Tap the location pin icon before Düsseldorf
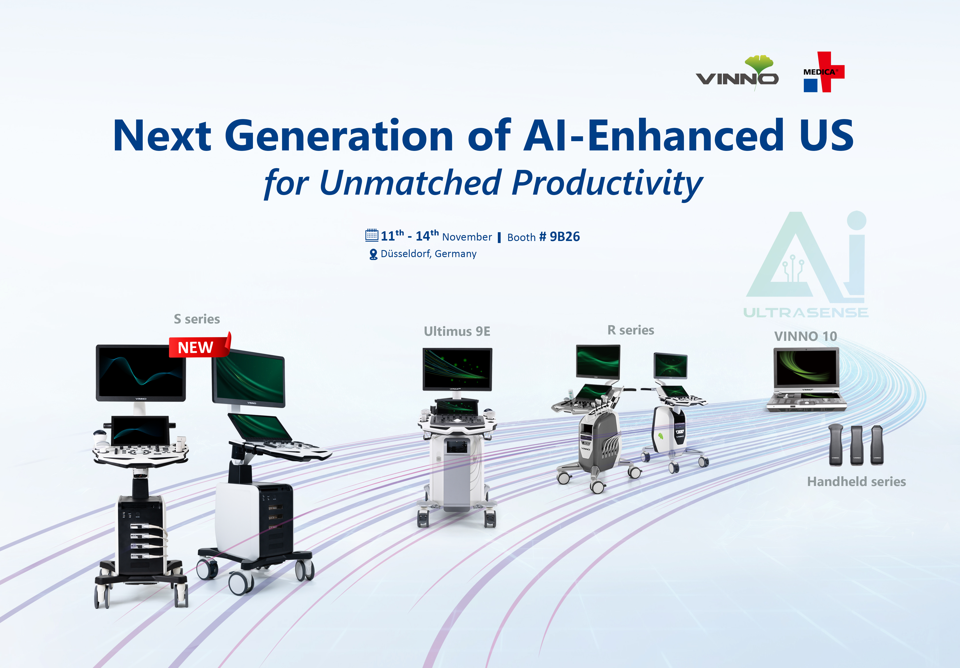tap(373, 254)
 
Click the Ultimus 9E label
tap(457, 332)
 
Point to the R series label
tap(630, 330)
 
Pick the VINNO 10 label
tap(805, 336)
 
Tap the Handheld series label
tap(856, 482)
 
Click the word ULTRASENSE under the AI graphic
tap(806, 313)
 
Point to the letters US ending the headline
tap(826, 135)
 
